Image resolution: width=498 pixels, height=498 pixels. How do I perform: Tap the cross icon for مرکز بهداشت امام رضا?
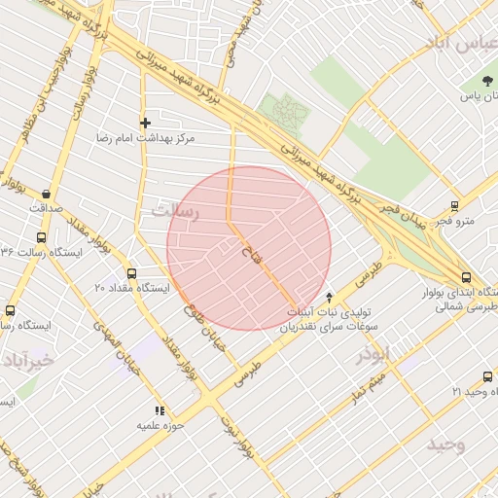click(145, 123)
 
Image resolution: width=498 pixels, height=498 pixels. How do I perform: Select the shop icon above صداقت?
click(47, 194)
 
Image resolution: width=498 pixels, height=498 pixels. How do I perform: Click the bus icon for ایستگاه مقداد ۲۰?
click(132, 273)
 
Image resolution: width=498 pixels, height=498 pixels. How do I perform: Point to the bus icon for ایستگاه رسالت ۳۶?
click(41, 237)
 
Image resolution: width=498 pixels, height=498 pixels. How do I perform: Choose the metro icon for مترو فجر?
click(454, 206)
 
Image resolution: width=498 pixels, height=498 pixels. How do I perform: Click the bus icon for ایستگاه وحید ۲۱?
click(487, 376)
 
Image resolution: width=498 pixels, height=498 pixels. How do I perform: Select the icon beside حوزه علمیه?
click(160, 411)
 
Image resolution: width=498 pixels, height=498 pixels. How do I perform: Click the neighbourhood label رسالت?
click(175, 210)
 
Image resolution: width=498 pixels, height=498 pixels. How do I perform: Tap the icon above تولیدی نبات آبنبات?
click(329, 297)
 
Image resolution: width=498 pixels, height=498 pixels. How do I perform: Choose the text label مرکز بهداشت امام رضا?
click(145, 139)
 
